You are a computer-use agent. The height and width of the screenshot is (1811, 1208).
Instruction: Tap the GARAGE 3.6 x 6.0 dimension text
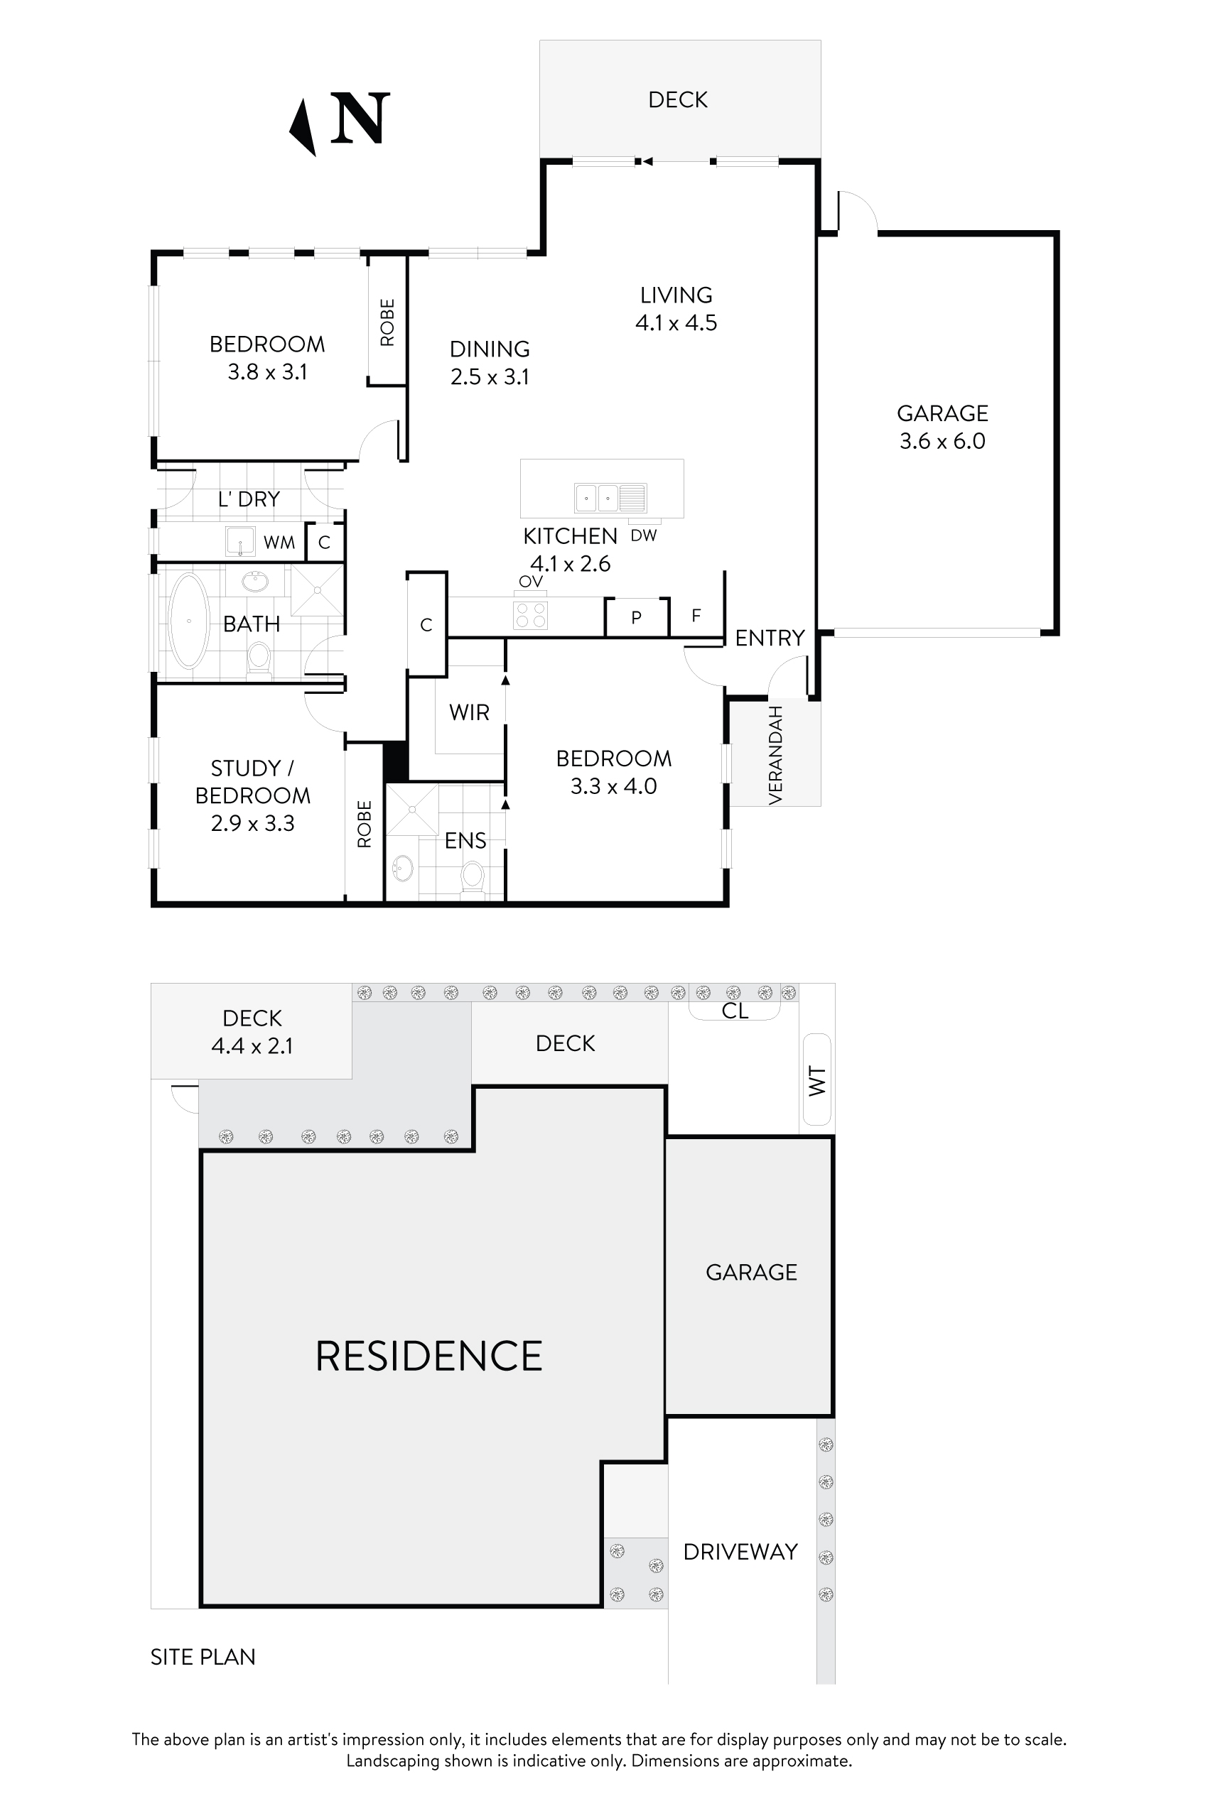pyautogui.click(x=942, y=441)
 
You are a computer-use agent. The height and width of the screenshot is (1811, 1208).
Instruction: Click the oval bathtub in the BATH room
pyautogui.click(x=189, y=621)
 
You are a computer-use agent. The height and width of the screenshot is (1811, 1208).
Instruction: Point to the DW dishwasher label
pyautogui.click(x=643, y=536)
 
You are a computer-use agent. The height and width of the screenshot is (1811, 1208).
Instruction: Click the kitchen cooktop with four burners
pyautogui.click(x=530, y=614)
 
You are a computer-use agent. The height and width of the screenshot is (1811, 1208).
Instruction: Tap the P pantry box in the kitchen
pyautogui.click(x=637, y=618)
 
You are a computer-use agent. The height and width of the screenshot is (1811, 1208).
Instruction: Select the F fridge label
pyautogui.click(x=696, y=615)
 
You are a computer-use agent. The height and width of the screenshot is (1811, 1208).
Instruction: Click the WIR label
pyautogui.click(x=469, y=713)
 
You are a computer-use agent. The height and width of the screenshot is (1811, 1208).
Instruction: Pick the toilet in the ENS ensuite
pyautogui.click(x=473, y=877)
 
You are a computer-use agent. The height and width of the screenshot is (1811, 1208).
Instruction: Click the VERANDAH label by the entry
pyautogui.click(x=776, y=756)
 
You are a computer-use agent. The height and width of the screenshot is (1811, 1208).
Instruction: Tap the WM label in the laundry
pyautogui.click(x=279, y=543)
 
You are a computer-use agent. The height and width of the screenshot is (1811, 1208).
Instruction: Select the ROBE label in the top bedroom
pyautogui.click(x=387, y=322)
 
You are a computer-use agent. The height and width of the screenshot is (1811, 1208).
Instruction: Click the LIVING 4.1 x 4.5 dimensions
pyautogui.click(x=676, y=322)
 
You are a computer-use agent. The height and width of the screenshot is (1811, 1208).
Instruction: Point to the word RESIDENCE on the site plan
pyautogui.click(x=428, y=1356)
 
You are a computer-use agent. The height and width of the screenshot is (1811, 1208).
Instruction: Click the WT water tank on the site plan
pyautogui.click(x=816, y=1081)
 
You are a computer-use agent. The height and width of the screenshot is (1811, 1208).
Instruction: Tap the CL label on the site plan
pyautogui.click(x=734, y=1011)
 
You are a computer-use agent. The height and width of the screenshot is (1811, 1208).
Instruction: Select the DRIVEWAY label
pyautogui.click(x=740, y=1552)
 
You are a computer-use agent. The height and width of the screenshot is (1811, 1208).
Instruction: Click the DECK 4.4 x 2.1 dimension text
pyautogui.click(x=252, y=1046)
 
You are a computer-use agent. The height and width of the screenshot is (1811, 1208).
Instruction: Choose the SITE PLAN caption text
pyautogui.click(x=203, y=1657)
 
